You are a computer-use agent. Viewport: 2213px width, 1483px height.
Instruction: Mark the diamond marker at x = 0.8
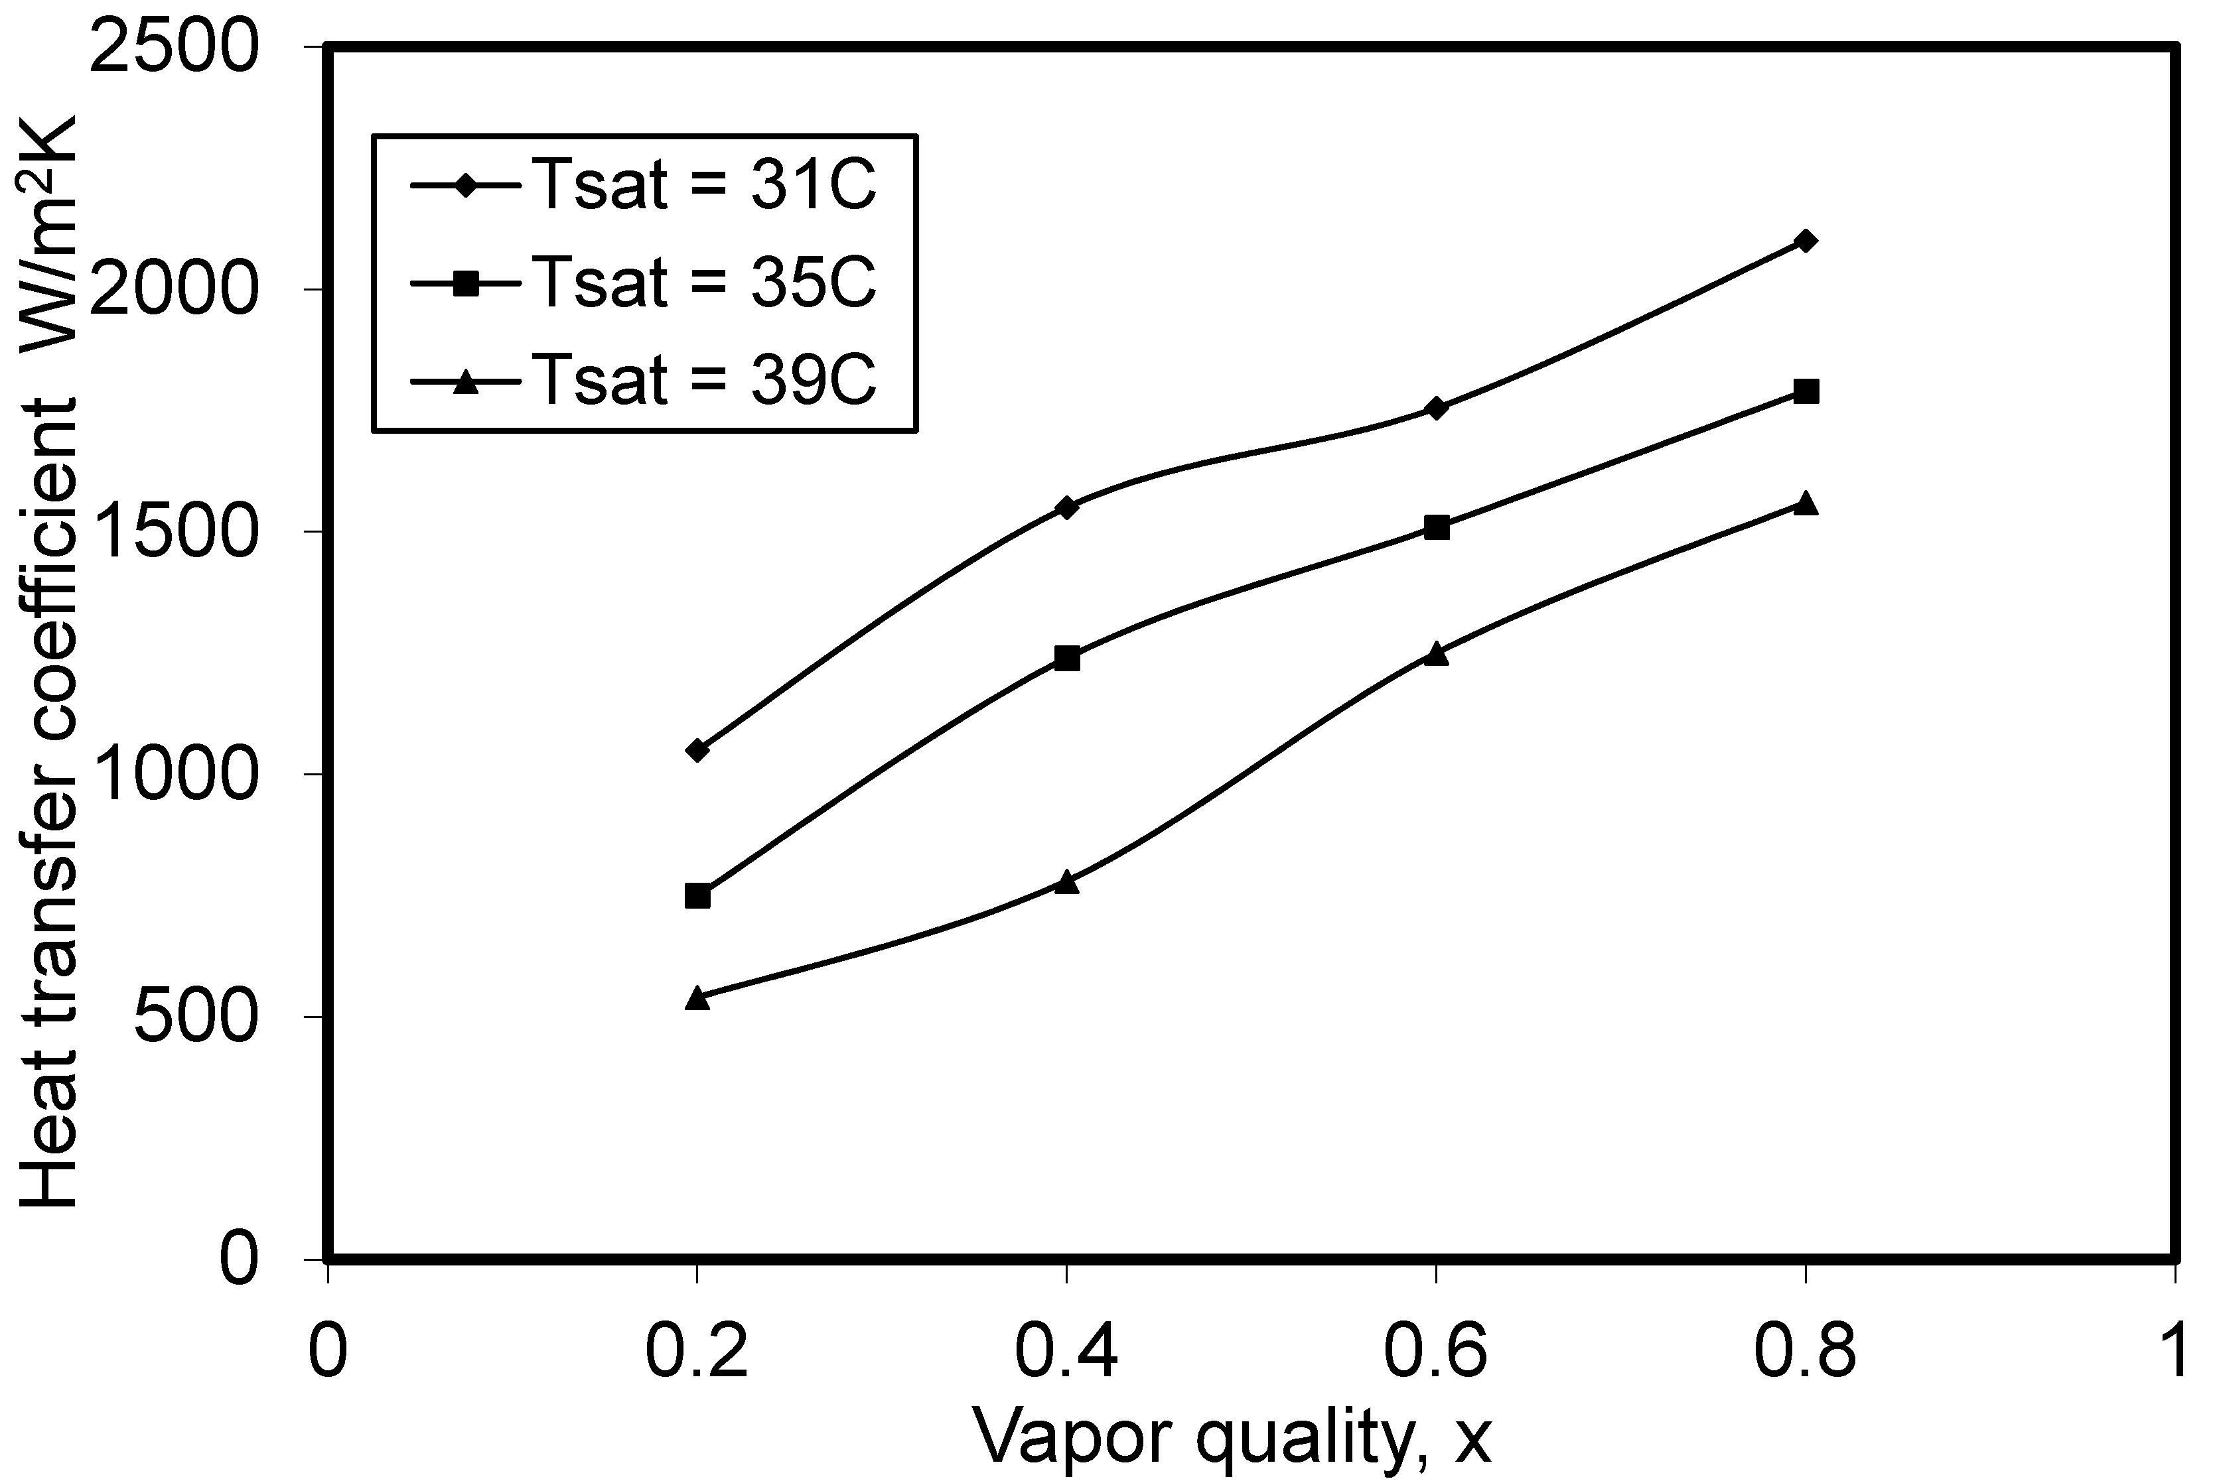[1805, 240]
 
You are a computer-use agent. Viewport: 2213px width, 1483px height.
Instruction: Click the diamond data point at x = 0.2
[697, 750]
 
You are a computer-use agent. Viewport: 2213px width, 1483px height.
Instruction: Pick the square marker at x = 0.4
[1066, 659]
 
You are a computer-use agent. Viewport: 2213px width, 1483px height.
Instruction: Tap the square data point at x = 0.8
[1805, 391]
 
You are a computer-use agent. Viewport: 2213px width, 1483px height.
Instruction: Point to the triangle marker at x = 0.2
[697, 998]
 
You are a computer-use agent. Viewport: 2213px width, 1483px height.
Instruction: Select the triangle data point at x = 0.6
[1436, 653]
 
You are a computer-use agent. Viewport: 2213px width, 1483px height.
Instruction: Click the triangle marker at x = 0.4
[1066, 881]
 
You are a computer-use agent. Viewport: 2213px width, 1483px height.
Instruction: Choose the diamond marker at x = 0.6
[1436, 409]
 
